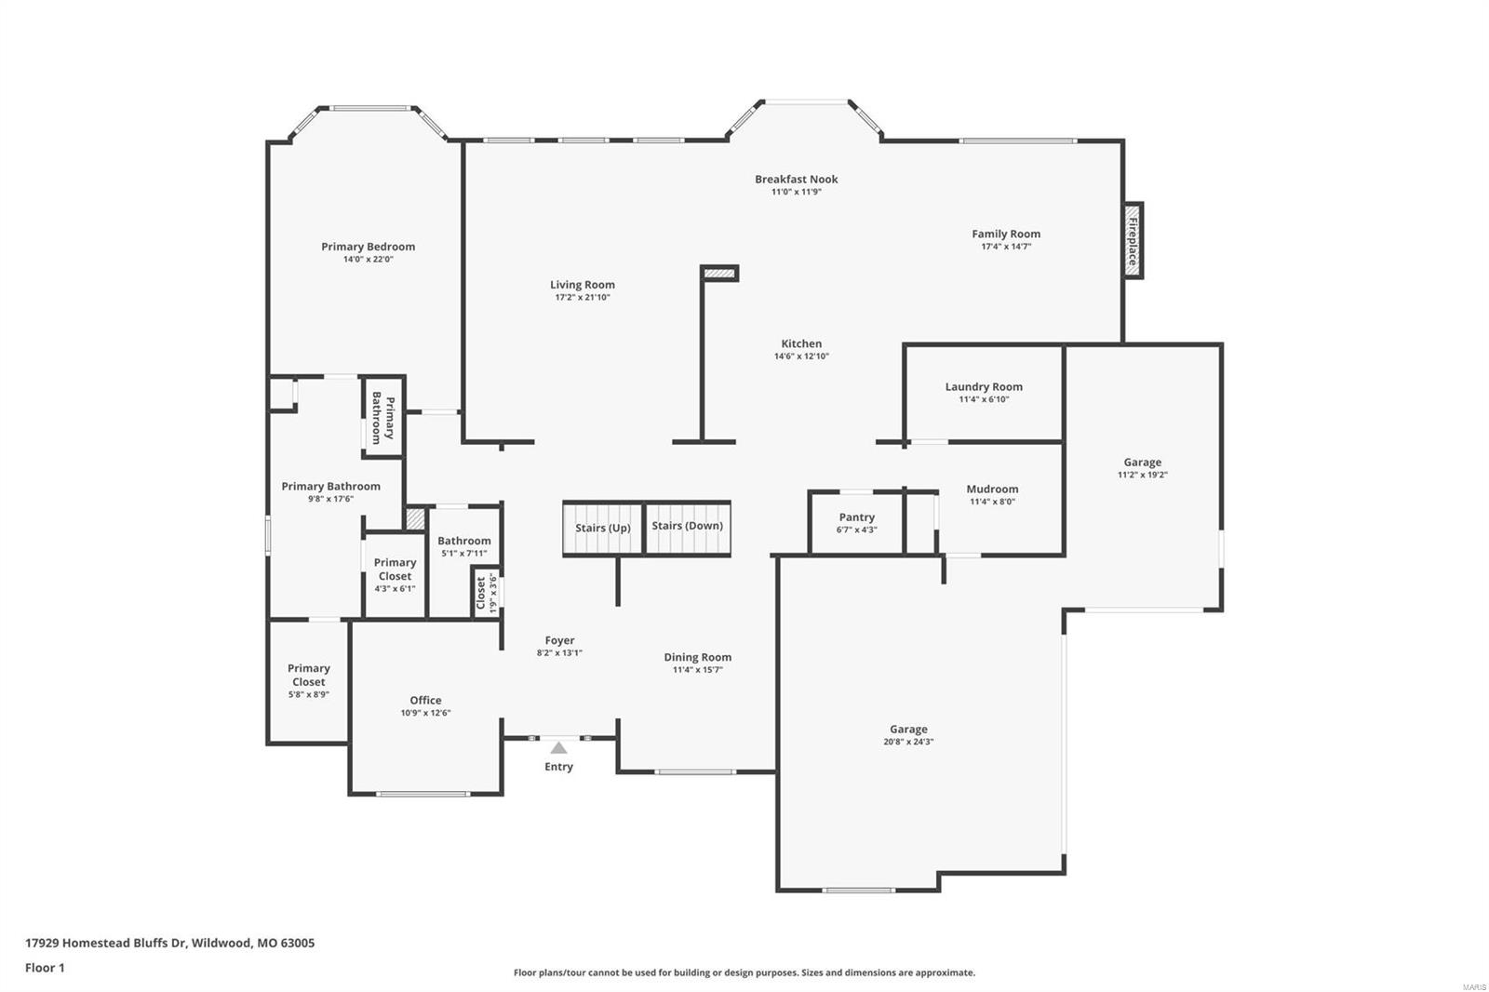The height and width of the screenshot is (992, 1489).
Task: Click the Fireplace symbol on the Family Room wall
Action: [1133, 240]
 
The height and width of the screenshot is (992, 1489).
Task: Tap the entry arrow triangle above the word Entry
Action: [558, 747]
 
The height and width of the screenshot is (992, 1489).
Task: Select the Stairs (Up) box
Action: [602, 528]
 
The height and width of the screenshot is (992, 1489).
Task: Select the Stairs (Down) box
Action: [687, 527]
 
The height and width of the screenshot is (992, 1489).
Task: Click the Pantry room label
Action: [856, 517]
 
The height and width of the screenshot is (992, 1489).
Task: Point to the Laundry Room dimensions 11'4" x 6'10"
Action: [984, 399]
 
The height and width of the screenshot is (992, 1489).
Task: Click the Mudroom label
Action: [992, 489]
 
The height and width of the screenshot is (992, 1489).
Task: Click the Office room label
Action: [425, 700]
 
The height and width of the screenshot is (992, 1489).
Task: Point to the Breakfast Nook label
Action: [796, 179]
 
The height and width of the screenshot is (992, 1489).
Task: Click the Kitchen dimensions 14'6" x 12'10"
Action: [801, 356]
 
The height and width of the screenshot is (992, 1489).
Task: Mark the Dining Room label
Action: [697, 657]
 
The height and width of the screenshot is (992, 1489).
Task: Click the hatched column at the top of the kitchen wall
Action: [719, 274]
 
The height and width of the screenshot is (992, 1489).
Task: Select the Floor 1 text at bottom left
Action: [45, 968]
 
